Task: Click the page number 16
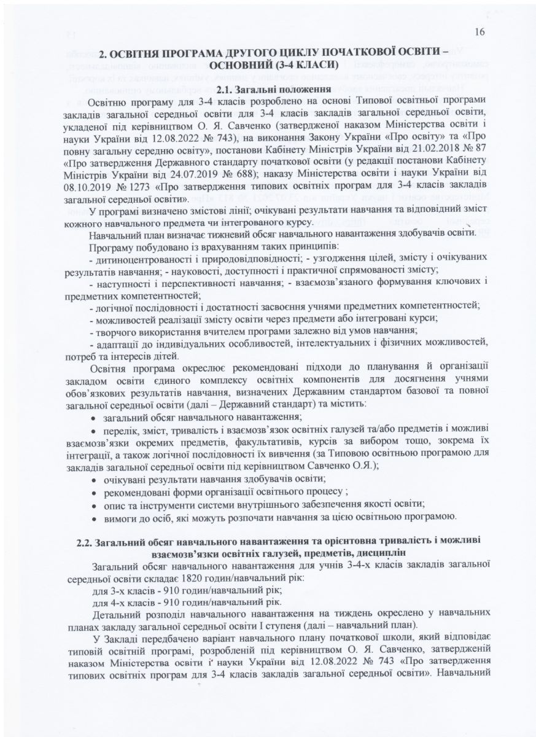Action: (x=480, y=34)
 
